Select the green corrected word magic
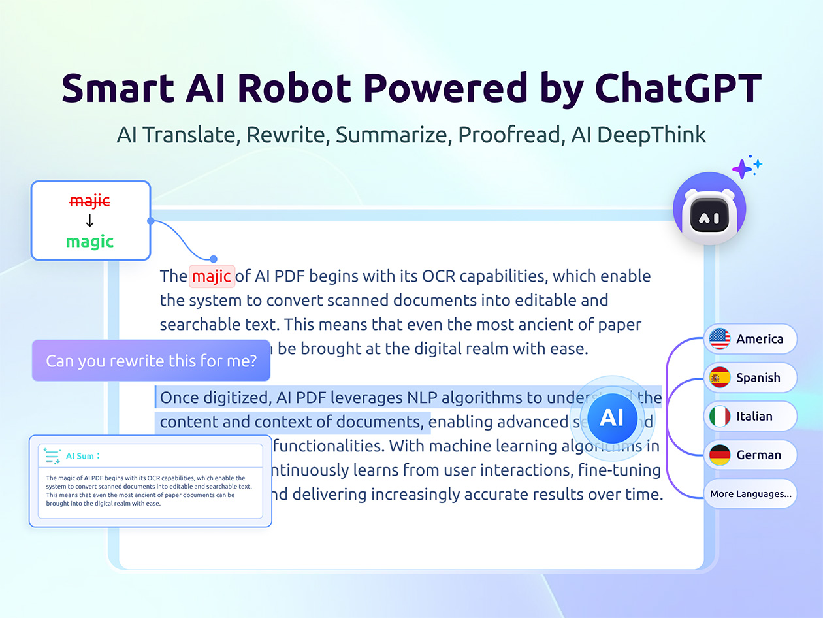89,242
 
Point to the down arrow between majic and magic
89,221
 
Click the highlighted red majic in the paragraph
212,276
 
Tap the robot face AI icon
709,210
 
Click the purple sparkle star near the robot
743,169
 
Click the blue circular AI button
611,417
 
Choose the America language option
759,339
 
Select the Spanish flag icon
720,378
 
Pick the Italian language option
754,416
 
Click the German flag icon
720,455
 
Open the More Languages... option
750,494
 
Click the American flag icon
720,339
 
